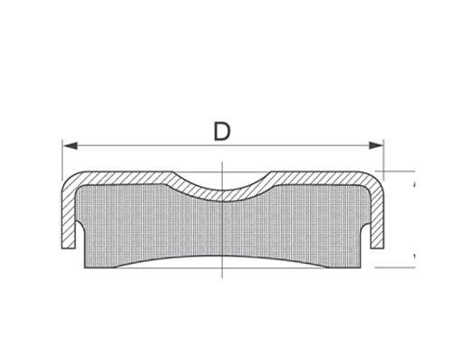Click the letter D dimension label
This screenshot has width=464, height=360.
[222, 131]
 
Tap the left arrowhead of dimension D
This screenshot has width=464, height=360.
[68, 145]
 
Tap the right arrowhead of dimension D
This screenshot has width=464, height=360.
[378, 145]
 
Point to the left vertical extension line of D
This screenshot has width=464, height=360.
[63, 159]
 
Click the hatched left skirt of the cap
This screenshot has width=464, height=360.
[67, 218]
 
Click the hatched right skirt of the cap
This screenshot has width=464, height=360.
[379, 218]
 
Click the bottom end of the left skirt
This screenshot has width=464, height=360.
[67, 247]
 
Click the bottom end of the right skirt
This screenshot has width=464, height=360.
[379, 247]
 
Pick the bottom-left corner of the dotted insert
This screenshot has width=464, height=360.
[85, 267]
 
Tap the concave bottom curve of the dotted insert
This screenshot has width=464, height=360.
[222, 257]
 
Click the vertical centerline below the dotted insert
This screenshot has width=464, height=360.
[222, 272]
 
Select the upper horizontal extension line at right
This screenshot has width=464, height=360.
[399, 171]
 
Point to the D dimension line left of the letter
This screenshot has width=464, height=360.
[136, 145]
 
